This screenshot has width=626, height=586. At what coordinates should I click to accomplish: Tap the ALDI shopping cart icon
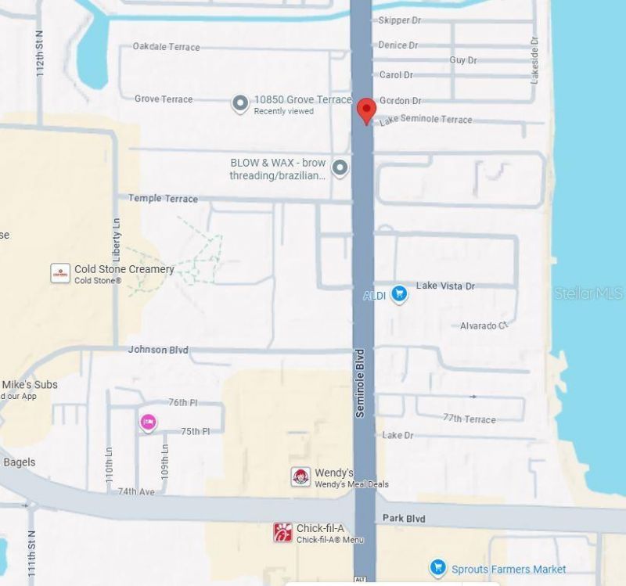click(399, 294)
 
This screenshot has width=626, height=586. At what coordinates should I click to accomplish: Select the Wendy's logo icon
click(300, 476)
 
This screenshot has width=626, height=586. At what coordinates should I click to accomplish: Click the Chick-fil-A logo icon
click(282, 532)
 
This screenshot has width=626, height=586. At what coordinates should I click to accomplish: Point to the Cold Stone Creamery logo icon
click(60, 273)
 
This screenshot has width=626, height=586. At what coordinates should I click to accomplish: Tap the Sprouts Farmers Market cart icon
click(438, 567)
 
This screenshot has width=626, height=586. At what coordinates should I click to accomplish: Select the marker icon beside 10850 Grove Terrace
click(240, 103)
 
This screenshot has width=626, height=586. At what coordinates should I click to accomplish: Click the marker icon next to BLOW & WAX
click(340, 167)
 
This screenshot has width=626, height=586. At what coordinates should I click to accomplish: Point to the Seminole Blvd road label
click(361, 383)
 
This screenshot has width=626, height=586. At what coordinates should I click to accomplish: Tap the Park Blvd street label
click(404, 519)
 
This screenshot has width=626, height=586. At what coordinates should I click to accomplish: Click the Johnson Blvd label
click(158, 350)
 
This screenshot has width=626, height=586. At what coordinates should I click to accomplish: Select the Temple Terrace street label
click(163, 199)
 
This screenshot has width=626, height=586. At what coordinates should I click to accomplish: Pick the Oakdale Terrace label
click(166, 47)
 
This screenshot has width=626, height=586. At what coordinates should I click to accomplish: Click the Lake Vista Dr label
click(445, 286)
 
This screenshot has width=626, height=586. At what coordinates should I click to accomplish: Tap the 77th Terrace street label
click(469, 419)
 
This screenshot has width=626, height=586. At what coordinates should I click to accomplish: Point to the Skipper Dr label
click(400, 20)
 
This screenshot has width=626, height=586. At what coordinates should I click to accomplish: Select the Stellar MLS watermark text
click(588, 293)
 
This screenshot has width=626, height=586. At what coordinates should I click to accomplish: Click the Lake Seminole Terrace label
click(426, 120)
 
